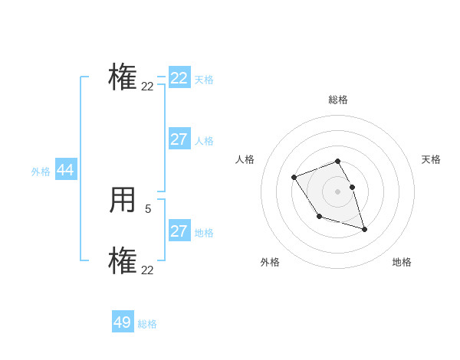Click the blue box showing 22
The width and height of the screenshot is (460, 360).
(x=179, y=78)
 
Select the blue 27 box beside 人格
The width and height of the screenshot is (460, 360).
(x=179, y=139)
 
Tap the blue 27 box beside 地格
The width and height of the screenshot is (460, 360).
(x=179, y=231)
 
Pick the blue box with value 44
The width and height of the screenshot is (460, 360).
(x=66, y=171)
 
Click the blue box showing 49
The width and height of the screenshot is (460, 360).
(x=123, y=322)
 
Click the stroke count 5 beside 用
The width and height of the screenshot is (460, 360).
(x=148, y=208)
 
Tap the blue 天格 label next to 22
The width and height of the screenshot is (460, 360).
(x=204, y=80)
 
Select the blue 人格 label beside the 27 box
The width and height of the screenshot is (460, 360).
(x=204, y=141)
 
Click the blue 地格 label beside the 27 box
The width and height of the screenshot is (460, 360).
(x=204, y=233)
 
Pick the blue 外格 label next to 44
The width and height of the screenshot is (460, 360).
(x=41, y=172)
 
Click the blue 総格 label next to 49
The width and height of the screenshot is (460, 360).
(x=147, y=324)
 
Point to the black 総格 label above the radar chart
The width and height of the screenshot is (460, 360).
(x=338, y=100)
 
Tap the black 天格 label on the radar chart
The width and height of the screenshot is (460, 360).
(x=431, y=159)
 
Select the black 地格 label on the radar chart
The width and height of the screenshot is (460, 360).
(x=402, y=262)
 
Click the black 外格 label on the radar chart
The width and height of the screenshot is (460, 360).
(x=270, y=262)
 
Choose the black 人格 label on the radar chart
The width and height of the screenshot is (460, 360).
(x=245, y=159)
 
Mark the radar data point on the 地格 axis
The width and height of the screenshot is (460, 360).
(x=364, y=229)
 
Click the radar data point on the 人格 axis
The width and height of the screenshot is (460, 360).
(x=294, y=178)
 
